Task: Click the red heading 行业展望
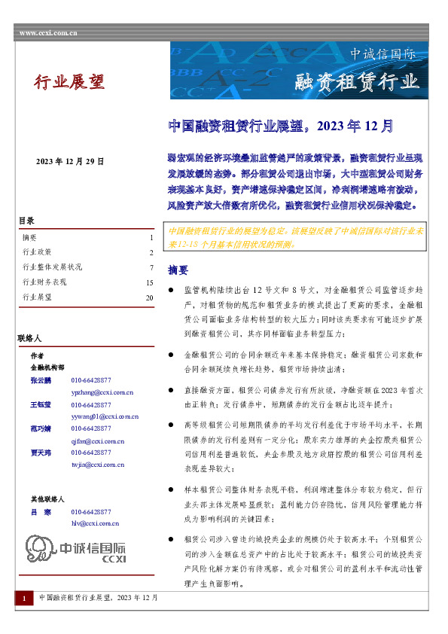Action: click(69, 82)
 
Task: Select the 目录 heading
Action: click(26, 221)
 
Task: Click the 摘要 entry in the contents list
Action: click(31, 238)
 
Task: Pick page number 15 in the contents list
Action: click(149, 282)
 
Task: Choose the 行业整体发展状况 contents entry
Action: click(52, 267)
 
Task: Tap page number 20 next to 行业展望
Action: click(149, 297)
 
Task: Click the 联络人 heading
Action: click(29, 339)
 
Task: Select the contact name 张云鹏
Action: click(41, 381)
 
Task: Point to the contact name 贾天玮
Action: click(41, 453)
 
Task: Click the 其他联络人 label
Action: click(47, 499)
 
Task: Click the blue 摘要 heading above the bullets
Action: click(178, 270)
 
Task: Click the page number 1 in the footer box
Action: click(24, 598)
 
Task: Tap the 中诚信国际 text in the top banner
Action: click(382, 54)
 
